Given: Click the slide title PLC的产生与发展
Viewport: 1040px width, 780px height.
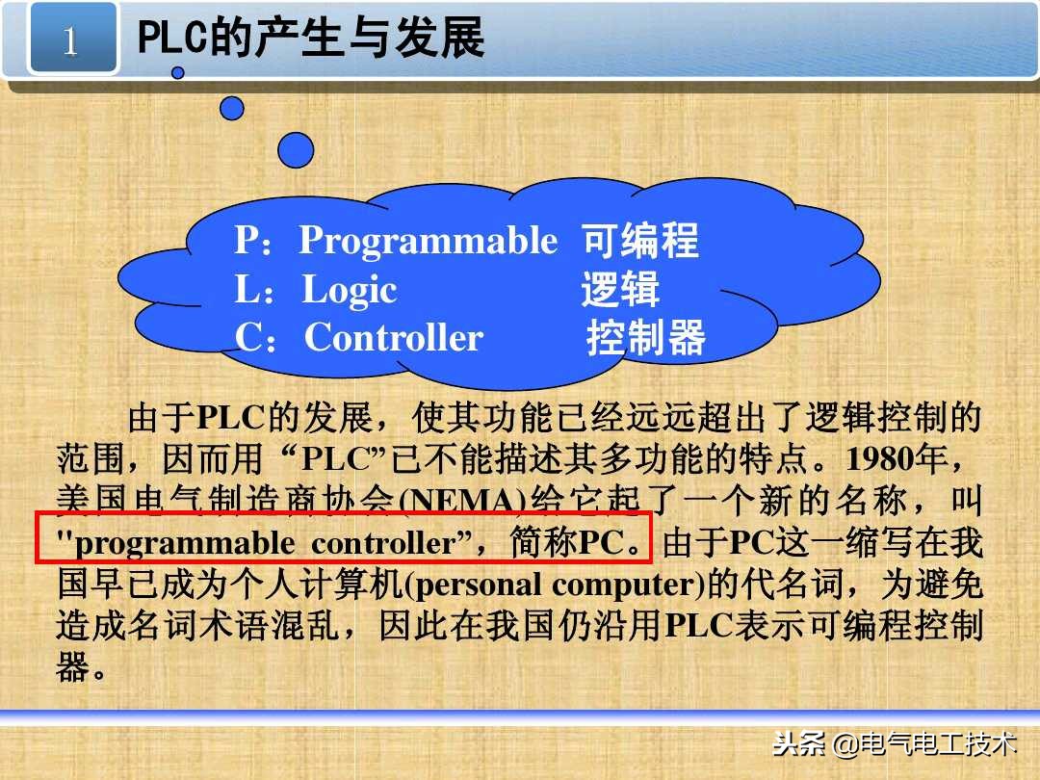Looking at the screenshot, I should click(x=311, y=40).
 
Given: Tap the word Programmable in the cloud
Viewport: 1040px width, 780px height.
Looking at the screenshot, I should click(x=428, y=240).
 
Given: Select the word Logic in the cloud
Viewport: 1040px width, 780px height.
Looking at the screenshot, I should click(x=350, y=290).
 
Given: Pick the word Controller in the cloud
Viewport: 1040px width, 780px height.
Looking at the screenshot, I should click(x=394, y=338).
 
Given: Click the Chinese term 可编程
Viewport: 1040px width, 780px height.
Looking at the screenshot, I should click(x=640, y=241).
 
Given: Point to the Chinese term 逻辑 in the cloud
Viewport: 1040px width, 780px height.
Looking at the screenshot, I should click(x=620, y=290).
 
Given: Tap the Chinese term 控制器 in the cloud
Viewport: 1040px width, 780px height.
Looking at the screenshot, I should click(x=646, y=338).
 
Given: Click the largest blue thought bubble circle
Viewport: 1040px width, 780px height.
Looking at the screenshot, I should click(x=296, y=149).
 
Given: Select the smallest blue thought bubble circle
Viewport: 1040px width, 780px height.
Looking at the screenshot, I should click(x=178, y=72).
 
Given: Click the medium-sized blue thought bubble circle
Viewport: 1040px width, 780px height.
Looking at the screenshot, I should click(x=232, y=108).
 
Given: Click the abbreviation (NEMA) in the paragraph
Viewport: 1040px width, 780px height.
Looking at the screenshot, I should click(x=467, y=501).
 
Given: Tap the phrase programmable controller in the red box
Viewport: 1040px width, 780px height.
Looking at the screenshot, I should click(x=264, y=543).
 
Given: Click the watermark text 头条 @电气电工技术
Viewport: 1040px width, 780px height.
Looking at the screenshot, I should click(x=895, y=744).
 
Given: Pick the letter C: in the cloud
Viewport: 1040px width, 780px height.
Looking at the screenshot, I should click(x=256, y=338).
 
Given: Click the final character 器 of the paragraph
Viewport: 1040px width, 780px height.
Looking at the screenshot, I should click(x=72, y=667).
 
